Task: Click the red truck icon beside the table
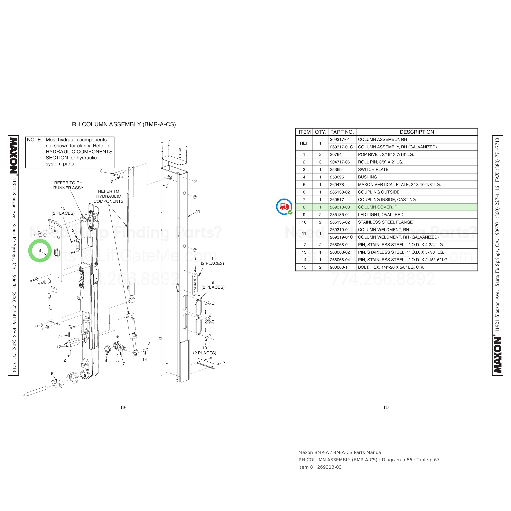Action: coord(284,207)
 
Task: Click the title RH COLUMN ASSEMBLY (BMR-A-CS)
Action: coord(124,124)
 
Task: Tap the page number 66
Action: coord(123,408)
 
